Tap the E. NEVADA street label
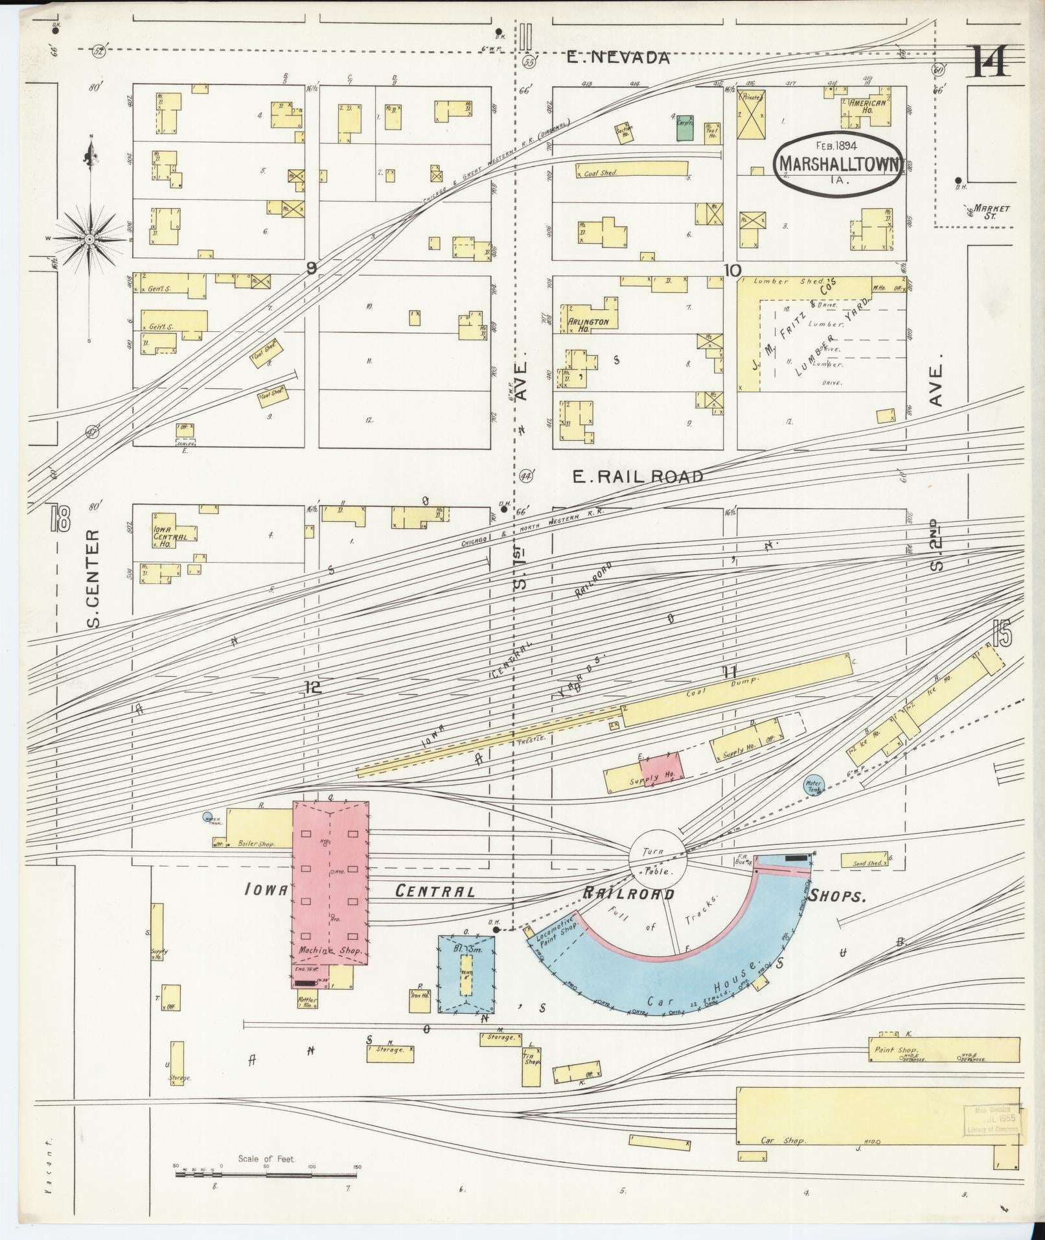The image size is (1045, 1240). click(617, 58)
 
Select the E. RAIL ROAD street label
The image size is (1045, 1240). click(638, 477)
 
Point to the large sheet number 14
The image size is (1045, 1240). click(989, 62)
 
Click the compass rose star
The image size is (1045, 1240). click(90, 239)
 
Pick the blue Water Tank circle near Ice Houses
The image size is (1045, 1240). click(814, 784)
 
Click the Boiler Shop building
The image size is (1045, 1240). click(259, 828)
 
